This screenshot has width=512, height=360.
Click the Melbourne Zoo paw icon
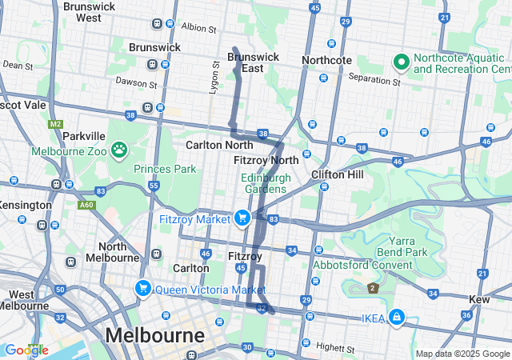[x=119, y=149]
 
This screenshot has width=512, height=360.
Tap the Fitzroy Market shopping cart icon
[x=242, y=218]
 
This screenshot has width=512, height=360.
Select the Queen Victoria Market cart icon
[x=143, y=288]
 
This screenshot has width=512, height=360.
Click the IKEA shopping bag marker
[x=396, y=318]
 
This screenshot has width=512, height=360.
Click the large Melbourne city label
[x=155, y=334]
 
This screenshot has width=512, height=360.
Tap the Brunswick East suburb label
[x=254, y=62]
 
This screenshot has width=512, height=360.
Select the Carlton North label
[x=219, y=145]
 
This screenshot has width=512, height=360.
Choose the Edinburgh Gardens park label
[x=264, y=183]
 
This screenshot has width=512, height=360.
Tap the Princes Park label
[x=164, y=169]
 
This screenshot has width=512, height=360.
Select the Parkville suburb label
[x=84, y=136]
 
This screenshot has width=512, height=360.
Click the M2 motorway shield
[x=54, y=124]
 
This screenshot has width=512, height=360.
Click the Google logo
[x=26, y=350]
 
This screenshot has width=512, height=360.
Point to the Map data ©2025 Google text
[x=462, y=354]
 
